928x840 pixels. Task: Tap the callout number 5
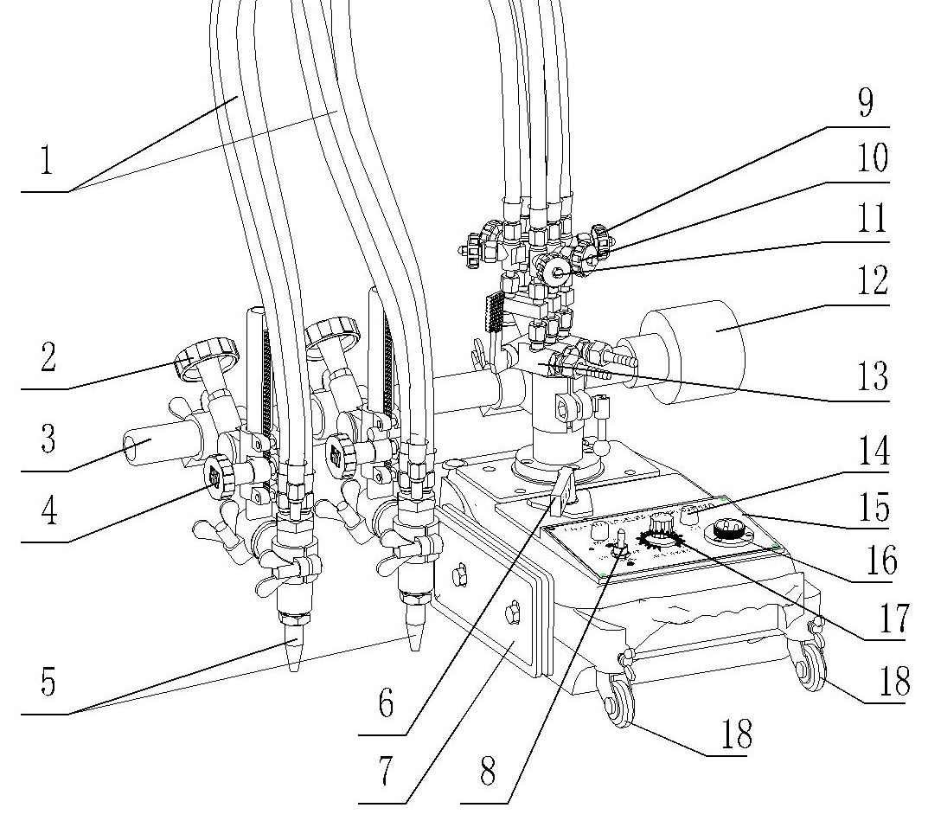(48, 683)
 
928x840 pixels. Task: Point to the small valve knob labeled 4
(217, 474)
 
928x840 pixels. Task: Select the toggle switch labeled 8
(619, 545)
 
